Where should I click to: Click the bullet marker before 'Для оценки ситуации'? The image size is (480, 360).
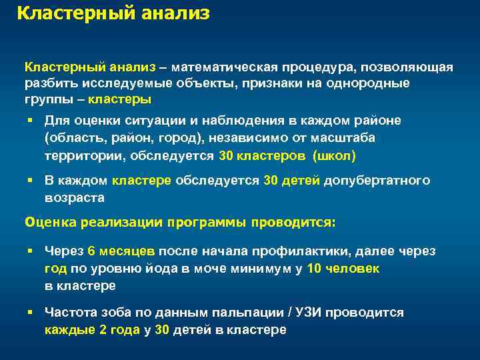pyautogui.click(x=31, y=120)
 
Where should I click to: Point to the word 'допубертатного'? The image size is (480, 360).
pyautogui.click(x=377, y=181)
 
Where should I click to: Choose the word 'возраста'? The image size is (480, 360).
pyautogui.click(x=75, y=198)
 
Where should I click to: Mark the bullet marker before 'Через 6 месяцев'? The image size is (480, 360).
pyautogui.click(x=31, y=251)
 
